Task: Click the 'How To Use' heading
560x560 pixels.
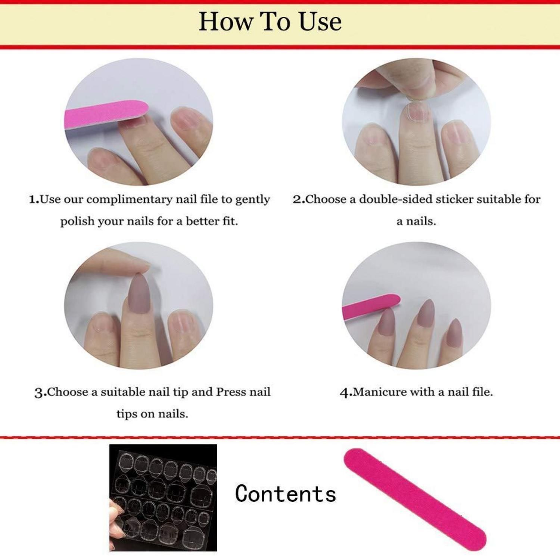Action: pyautogui.click(x=270, y=22)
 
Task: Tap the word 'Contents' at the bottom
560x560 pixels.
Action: pyautogui.click(x=286, y=494)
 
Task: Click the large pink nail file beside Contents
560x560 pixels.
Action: pyautogui.click(x=415, y=499)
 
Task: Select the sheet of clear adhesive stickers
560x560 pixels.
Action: pyautogui.click(x=163, y=498)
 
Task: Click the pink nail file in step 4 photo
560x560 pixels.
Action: pyautogui.click(x=371, y=307)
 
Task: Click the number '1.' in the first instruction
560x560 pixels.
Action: pyautogui.click(x=34, y=199)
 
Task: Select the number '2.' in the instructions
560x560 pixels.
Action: pyautogui.click(x=299, y=199)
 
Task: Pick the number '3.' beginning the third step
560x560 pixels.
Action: pyautogui.click(x=41, y=393)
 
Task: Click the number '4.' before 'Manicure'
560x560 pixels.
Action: pyautogui.click(x=346, y=393)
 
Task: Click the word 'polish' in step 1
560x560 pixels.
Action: pyautogui.click(x=77, y=222)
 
